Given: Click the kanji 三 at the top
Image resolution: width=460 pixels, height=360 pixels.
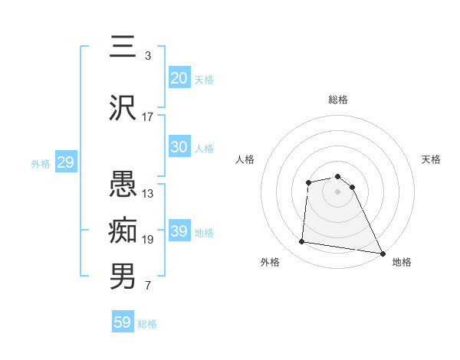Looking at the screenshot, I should tap(123, 47).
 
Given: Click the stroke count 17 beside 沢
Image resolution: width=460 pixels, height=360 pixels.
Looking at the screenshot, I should tap(148, 117).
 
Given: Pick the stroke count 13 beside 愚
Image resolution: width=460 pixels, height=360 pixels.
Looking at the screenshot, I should tap(148, 194).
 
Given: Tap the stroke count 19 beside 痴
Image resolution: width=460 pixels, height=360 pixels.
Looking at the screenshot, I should tap(148, 240).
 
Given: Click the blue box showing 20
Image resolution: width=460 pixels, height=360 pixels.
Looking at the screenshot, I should tap(179, 78).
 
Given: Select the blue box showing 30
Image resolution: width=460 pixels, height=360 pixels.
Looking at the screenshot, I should tap(179, 147).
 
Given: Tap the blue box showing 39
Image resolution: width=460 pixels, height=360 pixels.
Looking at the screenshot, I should tap(179, 231).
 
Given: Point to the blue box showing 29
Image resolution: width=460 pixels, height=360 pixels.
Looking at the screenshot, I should tap(65, 162).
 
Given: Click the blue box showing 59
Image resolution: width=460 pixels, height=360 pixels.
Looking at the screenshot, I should tap(122, 322).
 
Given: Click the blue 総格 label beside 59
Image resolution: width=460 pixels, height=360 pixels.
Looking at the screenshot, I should tap(147, 324).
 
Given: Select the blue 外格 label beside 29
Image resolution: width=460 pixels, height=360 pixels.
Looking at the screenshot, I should tap(41, 163).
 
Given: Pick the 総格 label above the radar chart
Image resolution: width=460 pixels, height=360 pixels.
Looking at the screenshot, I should tap(338, 100).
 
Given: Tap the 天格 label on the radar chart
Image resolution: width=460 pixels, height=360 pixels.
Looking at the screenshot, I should tap(431, 159).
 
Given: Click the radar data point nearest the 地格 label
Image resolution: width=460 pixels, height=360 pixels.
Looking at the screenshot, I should tap(383, 253).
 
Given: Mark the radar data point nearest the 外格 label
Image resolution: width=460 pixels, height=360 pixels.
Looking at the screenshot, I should tap(302, 242).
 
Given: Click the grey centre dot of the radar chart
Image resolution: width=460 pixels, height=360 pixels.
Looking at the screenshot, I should tap(338, 191).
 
